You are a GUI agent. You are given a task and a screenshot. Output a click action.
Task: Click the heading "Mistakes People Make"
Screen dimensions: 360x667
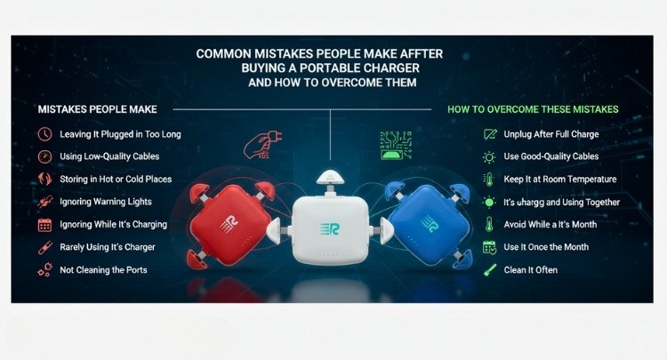click(x=98, y=109)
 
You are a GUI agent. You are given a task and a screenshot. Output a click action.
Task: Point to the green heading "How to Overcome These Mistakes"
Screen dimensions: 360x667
click(x=533, y=109)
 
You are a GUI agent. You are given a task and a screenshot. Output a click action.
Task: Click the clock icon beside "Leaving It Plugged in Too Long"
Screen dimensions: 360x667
click(x=44, y=134)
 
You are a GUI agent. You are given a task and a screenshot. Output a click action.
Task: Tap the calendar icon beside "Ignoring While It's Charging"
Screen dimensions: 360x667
click(x=44, y=224)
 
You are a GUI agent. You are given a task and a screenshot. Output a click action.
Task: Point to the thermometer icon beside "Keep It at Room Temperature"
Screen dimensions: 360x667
click(x=486, y=179)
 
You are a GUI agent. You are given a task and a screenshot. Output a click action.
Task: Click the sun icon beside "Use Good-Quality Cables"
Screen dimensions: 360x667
click(x=486, y=156)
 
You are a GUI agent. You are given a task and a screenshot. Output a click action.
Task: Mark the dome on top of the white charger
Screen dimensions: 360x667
click(x=329, y=179)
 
